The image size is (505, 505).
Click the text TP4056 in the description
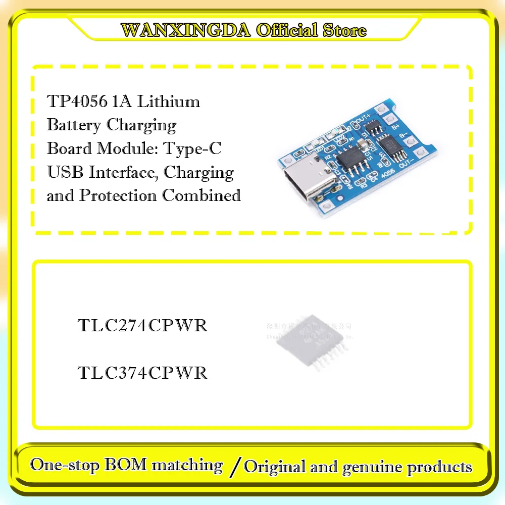(x=77, y=102)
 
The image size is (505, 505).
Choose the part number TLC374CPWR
(x=142, y=373)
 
